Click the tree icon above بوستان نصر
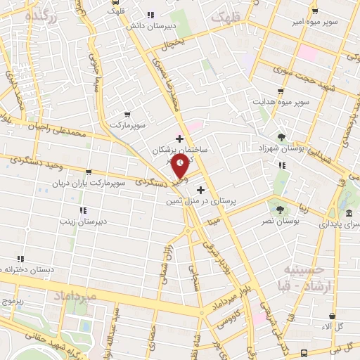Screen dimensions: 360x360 (281, 209)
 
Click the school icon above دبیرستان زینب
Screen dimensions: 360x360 (83, 210)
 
